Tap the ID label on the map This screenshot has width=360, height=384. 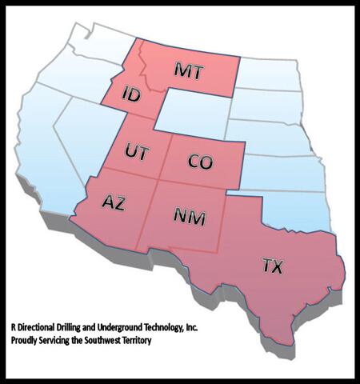point(132,95)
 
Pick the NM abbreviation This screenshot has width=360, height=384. point(189,217)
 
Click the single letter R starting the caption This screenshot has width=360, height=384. point(13,327)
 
